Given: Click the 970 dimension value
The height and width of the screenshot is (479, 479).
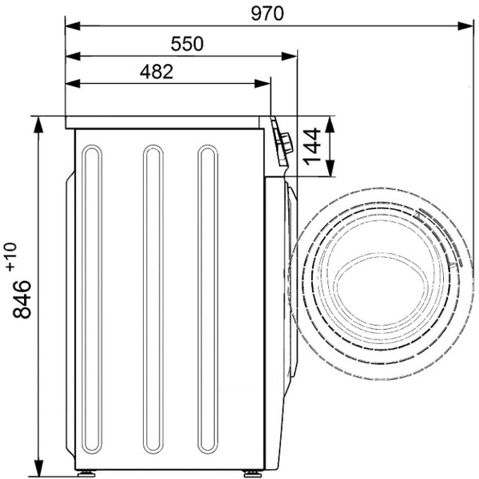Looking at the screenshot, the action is [x=267, y=14].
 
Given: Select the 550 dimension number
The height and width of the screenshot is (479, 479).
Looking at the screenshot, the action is [x=187, y=44].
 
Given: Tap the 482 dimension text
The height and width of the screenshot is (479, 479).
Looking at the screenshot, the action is [x=156, y=72].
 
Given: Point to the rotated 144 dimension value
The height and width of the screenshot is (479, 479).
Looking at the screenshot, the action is [x=311, y=147].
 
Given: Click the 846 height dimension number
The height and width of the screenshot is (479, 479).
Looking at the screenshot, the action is [x=22, y=299].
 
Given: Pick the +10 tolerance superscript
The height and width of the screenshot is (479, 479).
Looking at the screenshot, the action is [x=10, y=257].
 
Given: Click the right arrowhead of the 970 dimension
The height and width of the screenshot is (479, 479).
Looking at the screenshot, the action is [x=465, y=26].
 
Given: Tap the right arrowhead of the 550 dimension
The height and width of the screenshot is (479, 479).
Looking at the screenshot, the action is [x=289, y=56].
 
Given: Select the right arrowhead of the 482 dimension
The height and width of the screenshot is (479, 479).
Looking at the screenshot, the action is [x=263, y=83].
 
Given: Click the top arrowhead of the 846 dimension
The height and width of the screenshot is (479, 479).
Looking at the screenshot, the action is [x=38, y=125].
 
